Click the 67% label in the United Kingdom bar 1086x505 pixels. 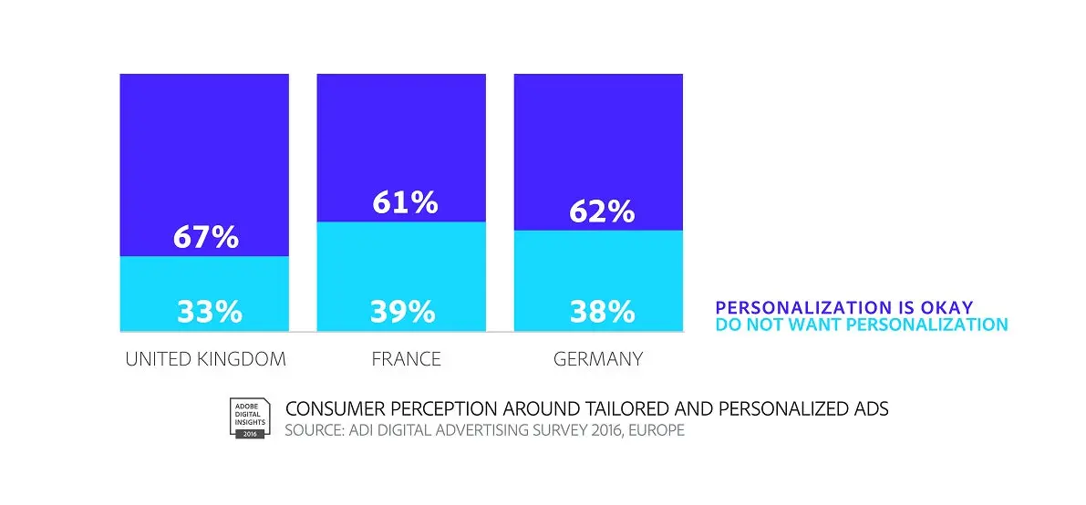(205, 238)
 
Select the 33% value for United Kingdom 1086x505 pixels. (209, 312)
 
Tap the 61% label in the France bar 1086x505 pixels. (405, 202)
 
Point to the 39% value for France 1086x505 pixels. (402, 312)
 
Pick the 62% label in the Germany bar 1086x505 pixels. (602, 211)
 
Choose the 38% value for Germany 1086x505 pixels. (602, 312)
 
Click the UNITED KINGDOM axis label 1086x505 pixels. (205, 359)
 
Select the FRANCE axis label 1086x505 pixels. (406, 359)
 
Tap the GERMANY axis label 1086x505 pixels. (598, 359)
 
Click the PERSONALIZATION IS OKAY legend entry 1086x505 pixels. (843, 307)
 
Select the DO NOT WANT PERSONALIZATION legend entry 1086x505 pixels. (862, 325)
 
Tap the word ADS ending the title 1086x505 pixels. (868, 409)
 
